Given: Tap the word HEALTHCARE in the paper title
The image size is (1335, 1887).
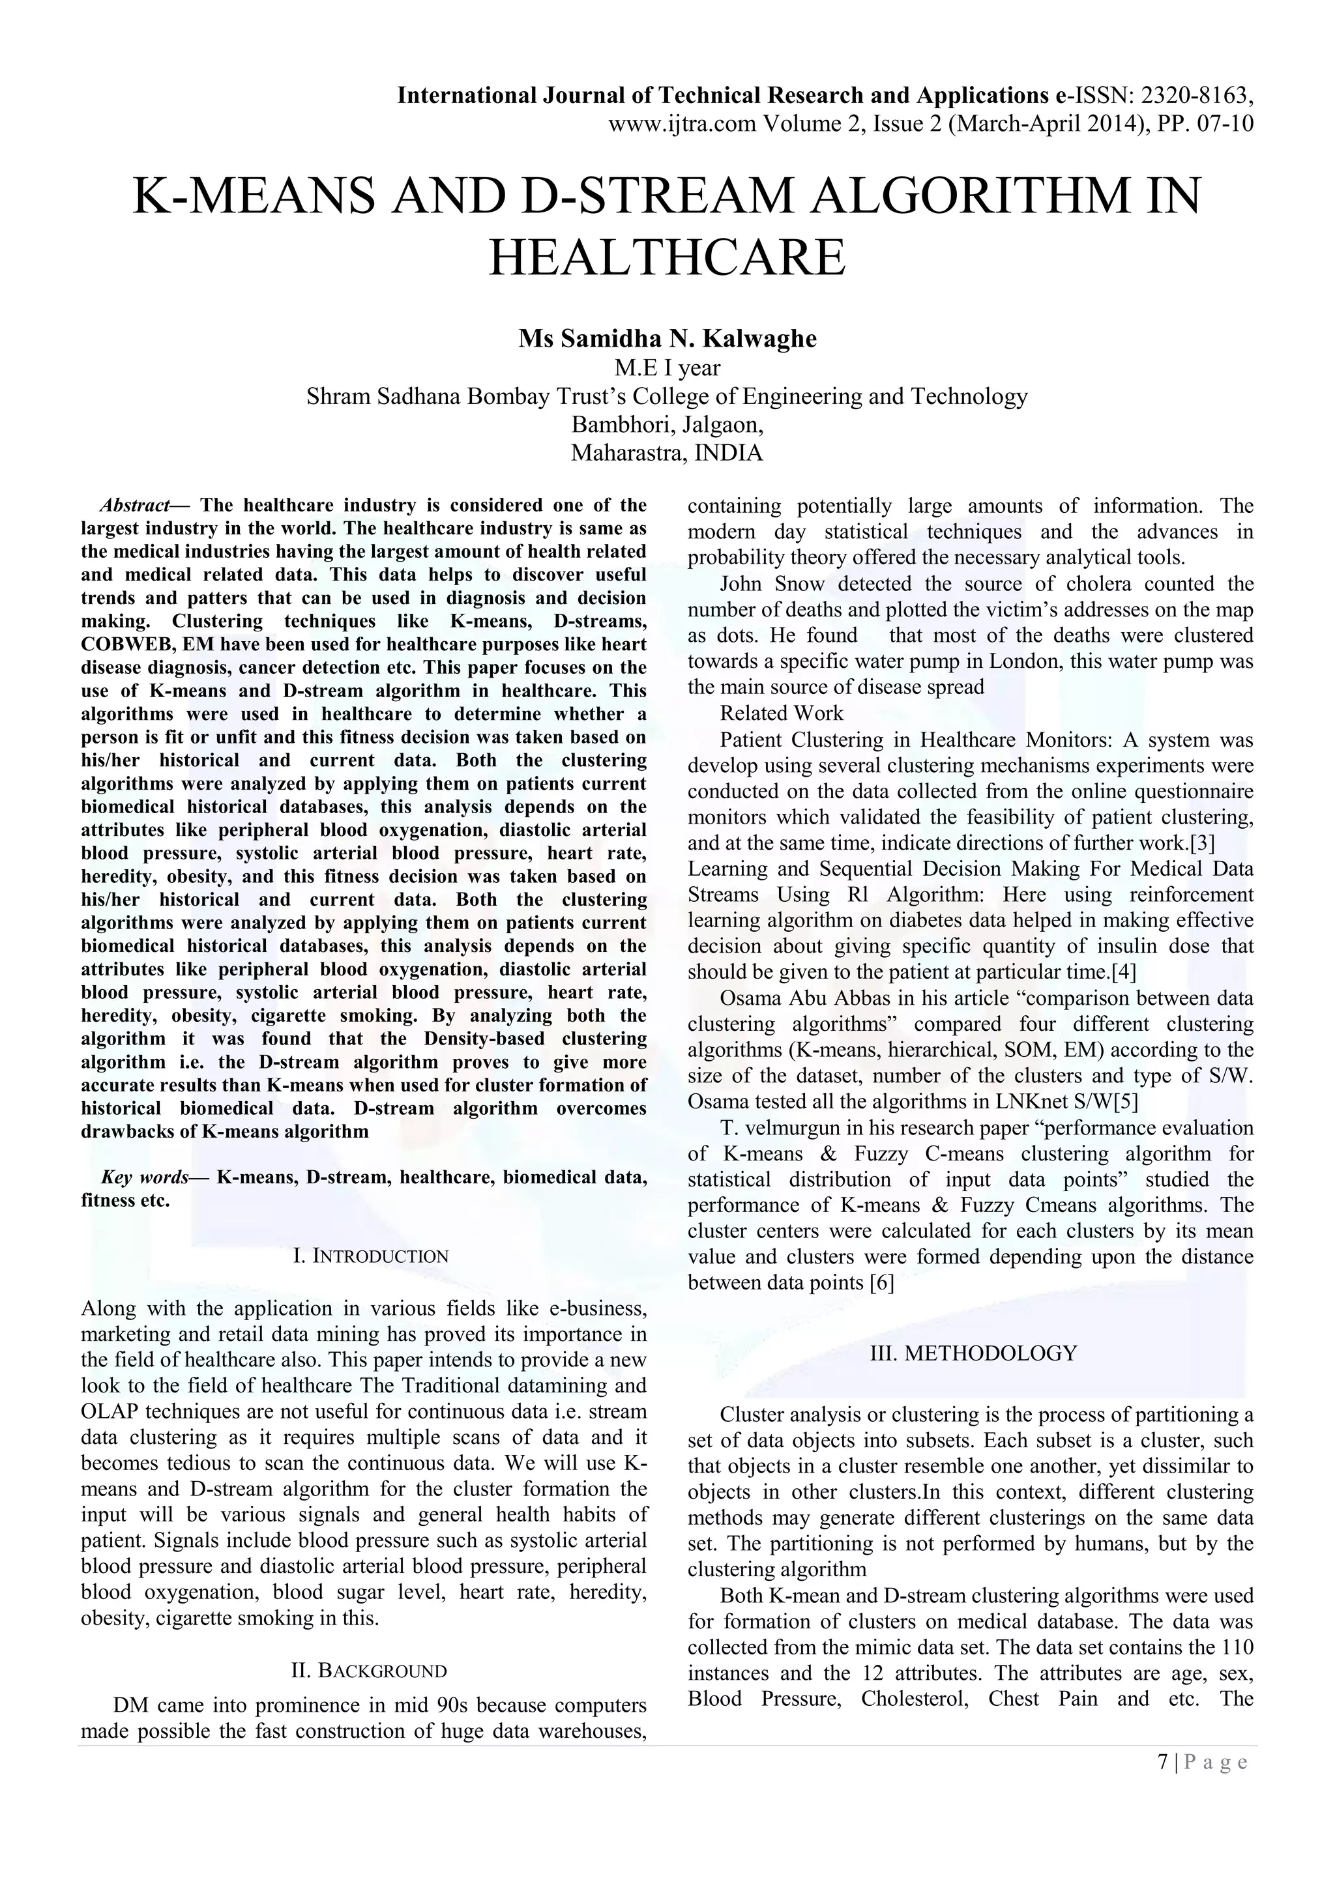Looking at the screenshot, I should pos(667,257).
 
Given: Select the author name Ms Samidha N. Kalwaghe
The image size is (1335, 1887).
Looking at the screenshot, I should pos(667,339).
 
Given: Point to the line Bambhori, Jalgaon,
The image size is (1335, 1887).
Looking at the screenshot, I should pos(667,425).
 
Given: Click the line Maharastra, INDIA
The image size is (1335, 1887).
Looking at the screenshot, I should pos(667,453).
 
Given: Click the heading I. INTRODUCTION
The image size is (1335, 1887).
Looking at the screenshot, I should pos(371,1256).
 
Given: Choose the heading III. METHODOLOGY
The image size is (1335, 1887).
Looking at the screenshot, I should pos(973,1353).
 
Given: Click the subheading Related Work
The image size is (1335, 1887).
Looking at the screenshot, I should pos(781,713).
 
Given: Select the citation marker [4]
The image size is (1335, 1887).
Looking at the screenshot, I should pos(1124,972).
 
